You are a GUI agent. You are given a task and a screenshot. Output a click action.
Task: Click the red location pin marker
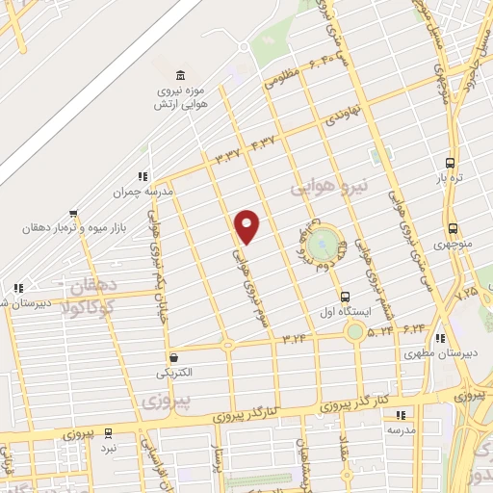tap(248, 225)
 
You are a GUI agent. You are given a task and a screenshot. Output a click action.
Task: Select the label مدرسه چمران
tap(143, 192)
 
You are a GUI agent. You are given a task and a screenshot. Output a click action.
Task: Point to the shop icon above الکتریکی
tap(172, 354)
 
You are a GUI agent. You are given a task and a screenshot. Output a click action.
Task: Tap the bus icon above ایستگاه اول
tap(345, 297)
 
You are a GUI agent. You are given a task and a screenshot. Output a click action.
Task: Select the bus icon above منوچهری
tap(454, 229)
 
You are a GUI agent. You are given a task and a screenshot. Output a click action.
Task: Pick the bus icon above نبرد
tap(109, 432)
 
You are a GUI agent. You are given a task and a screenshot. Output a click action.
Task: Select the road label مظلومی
tap(283, 81)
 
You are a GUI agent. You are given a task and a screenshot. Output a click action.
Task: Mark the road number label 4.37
tap(262, 143)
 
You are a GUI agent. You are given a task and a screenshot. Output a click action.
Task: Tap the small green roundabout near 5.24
tap(356, 331)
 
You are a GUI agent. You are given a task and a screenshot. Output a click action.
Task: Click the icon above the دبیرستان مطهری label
tap(440, 338)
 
